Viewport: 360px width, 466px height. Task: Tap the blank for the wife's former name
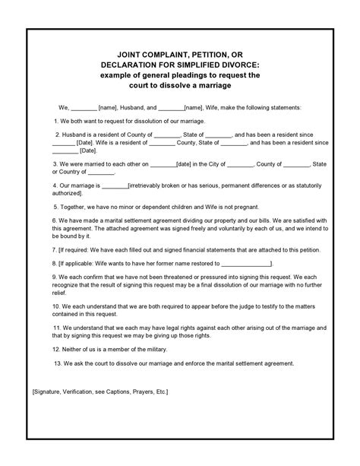tap(245, 263)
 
